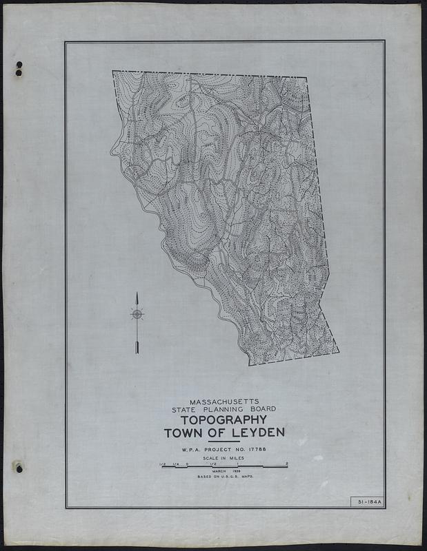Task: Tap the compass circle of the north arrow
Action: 137,315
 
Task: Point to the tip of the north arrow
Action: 137,293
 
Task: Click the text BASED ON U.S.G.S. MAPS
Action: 225,477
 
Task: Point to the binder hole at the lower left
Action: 19,468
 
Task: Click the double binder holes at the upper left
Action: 19,69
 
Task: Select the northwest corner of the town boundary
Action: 113,72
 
